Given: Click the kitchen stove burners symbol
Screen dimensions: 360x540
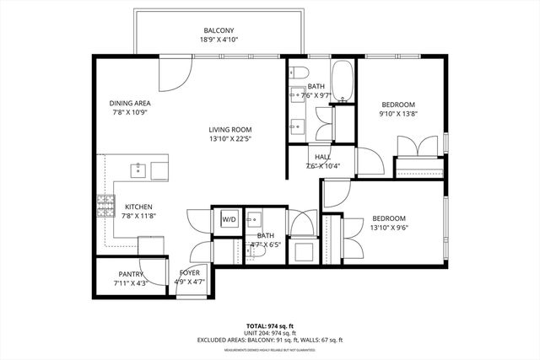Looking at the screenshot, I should pyautogui.click(x=106, y=206).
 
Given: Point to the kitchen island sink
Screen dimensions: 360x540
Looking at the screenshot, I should pyautogui.click(x=139, y=170).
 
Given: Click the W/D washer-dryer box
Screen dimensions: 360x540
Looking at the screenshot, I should pyautogui.click(x=229, y=219).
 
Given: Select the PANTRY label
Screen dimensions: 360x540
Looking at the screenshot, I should pyautogui.click(x=131, y=274).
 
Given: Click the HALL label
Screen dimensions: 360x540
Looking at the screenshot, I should pyautogui.click(x=323, y=157).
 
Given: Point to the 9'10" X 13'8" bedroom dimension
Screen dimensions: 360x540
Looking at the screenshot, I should pyautogui.click(x=398, y=115).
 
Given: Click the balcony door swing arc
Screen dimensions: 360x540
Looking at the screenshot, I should pyautogui.click(x=175, y=77).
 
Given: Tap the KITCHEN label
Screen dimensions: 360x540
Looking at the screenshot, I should pyautogui.click(x=138, y=207).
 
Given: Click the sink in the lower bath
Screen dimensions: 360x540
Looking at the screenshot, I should pyautogui.click(x=254, y=218).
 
